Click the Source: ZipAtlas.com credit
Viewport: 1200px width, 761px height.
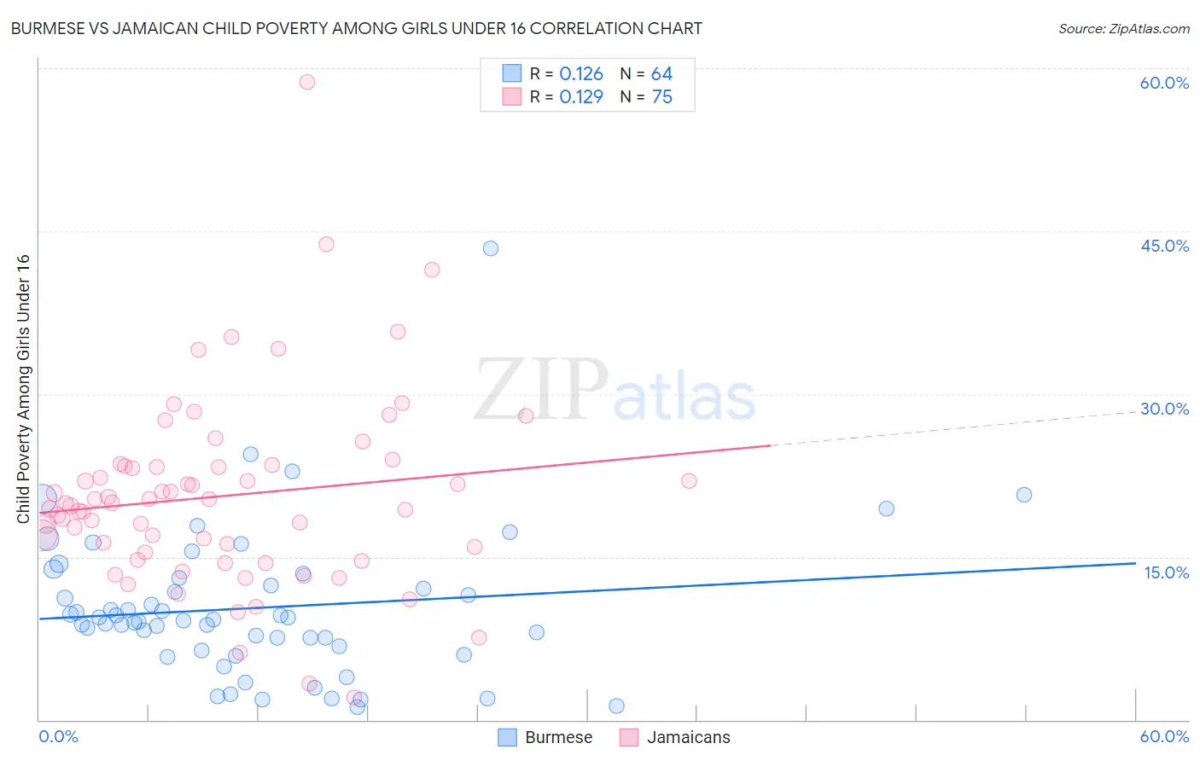[1123, 28]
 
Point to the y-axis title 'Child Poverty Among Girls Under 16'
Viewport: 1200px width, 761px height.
[23, 389]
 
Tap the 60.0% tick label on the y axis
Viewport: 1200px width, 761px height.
[1164, 83]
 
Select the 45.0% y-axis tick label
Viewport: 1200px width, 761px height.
[1164, 246]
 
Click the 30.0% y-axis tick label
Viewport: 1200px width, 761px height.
[1164, 409]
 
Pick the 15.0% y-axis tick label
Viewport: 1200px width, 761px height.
[1166, 572]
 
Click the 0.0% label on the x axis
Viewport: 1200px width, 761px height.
[58, 736]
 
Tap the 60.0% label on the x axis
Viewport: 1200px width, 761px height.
[1164, 736]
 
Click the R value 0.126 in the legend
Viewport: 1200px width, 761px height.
[581, 74]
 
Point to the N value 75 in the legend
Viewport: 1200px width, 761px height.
[662, 97]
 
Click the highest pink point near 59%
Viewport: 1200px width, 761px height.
[307, 82]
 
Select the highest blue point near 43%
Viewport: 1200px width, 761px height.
[491, 248]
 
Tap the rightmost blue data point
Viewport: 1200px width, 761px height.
[1024, 495]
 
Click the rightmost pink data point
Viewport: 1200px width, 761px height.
[689, 481]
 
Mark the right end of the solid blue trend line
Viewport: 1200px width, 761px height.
[1135, 563]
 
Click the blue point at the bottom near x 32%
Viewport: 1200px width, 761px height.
[616, 706]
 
